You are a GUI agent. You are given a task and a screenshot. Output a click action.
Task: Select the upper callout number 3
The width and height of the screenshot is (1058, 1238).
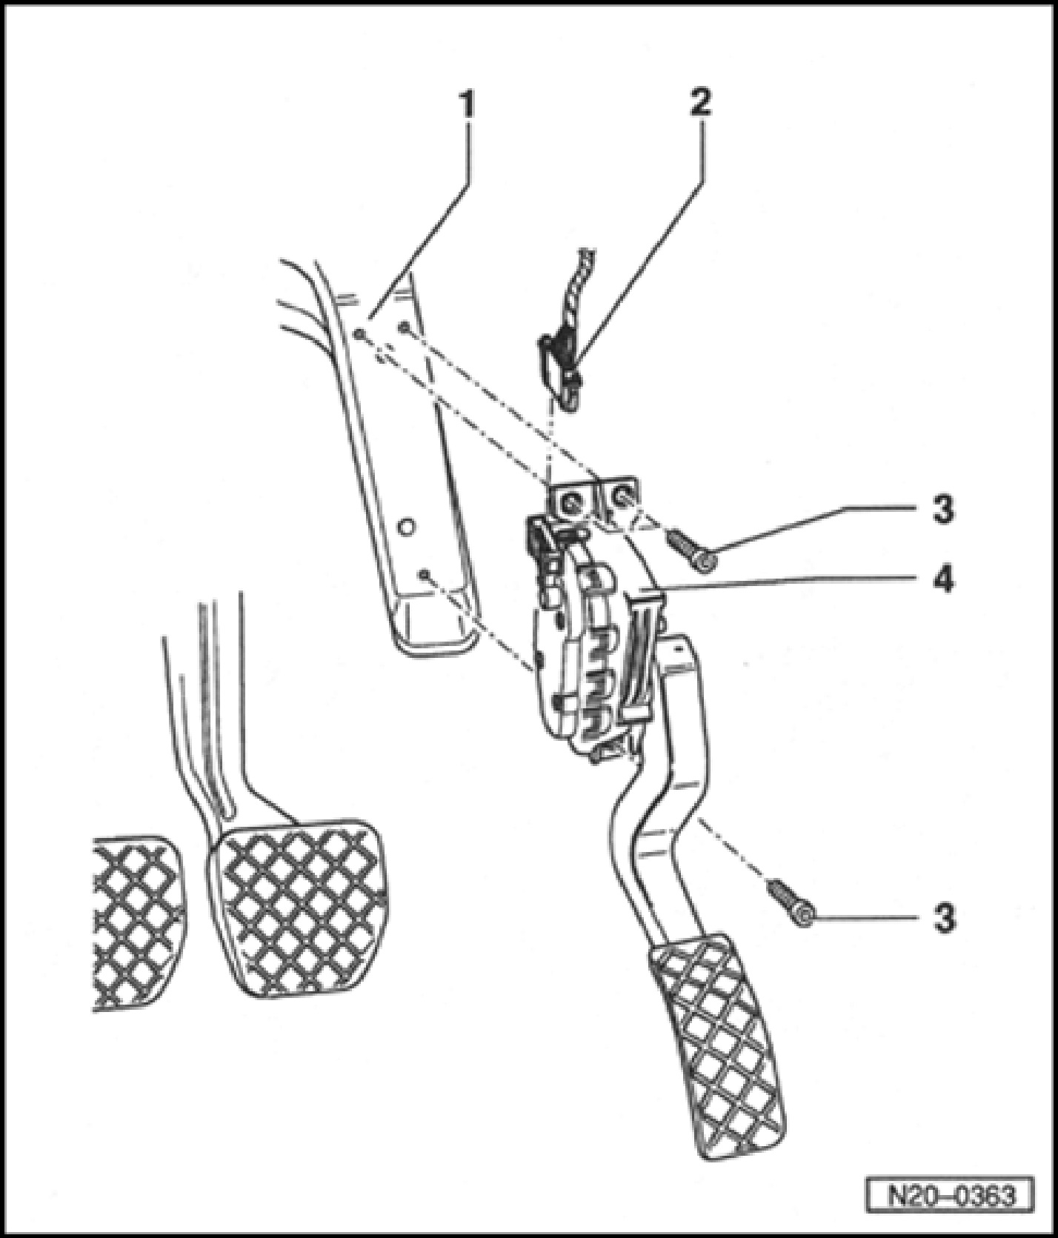coord(942,510)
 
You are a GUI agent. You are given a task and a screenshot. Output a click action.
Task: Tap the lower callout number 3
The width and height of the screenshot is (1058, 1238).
coord(942,919)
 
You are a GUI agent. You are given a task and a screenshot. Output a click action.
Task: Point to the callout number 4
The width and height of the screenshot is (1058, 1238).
coord(942,578)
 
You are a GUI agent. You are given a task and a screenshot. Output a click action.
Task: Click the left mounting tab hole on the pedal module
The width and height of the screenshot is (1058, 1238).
coord(571,503)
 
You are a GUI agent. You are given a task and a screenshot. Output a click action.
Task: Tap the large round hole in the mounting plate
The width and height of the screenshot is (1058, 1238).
coord(405,528)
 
